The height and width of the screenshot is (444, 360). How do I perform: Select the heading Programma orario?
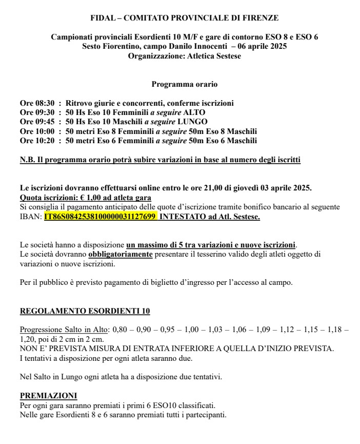click(185, 84)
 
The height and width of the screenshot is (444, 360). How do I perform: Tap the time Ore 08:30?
click(36, 103)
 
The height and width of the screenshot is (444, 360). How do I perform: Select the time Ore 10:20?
click(36, 140)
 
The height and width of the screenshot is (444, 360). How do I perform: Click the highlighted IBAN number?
click(100, 217)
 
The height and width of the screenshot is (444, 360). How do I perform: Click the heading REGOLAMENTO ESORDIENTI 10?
click(85, 312)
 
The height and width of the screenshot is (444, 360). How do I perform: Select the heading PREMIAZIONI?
click(48, 396)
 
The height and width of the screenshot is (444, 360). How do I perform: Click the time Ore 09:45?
click(36, 122)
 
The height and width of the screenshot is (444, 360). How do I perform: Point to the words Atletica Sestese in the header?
click(213, 55)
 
